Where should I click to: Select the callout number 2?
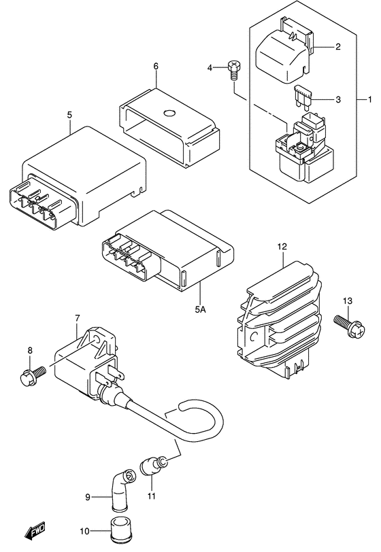coord(337,47)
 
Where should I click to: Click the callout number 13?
coord(347,301)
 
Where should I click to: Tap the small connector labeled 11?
coord(151,467)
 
